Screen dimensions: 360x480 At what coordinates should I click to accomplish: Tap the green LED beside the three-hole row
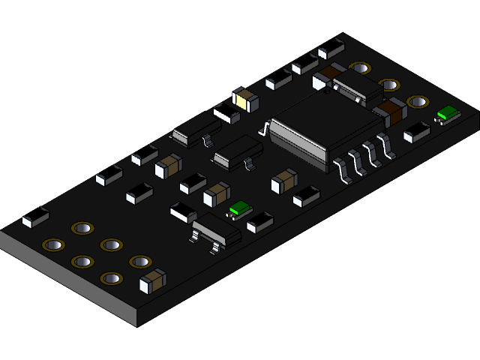[448, 114]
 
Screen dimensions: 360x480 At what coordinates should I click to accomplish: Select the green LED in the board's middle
[240, 208]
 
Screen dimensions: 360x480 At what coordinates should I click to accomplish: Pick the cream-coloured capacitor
[245, 98]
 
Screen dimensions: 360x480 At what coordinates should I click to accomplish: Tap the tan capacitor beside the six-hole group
[154, 280]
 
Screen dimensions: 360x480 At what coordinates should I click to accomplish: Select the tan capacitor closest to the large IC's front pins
[284, 180]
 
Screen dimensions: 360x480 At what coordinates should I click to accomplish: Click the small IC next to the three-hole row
[357, 88]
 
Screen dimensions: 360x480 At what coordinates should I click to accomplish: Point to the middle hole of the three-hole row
[388, 85]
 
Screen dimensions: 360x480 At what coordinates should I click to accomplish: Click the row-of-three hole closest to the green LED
[418, 101]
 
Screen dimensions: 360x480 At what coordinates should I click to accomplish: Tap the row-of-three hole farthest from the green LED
[360, 68]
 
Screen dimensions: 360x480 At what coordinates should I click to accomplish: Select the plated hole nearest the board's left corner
[53, 244]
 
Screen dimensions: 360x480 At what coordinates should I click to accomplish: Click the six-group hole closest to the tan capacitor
[139, 261]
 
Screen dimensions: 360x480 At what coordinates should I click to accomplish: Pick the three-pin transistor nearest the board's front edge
[215, 230]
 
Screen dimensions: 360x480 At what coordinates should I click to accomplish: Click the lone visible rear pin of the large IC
[265, 129]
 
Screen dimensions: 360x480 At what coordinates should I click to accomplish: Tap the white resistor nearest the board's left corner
[35, 217]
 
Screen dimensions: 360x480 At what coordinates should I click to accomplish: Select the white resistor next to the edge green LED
[416, 133]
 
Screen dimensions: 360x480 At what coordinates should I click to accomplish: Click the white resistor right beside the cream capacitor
[226, 113]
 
